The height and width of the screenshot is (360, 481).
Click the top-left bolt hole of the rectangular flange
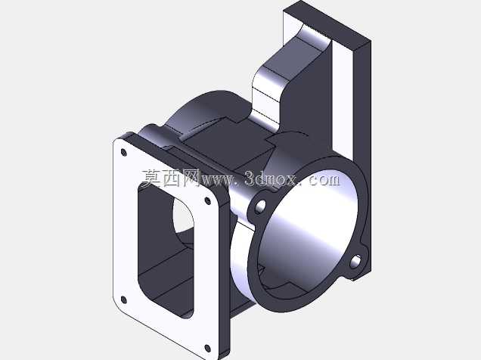(123, 153)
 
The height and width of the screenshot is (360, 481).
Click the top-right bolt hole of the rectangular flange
(208, 201)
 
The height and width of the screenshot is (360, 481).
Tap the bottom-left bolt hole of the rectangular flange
(123, 299)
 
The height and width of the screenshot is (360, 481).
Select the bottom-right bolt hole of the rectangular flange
(207, 349)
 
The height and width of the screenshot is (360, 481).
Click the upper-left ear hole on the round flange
(260, 206)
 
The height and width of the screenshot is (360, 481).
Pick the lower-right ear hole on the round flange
(355, 262)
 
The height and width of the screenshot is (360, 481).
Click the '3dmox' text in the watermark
(271, 178)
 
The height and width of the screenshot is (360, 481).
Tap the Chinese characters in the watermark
(171, 178)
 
